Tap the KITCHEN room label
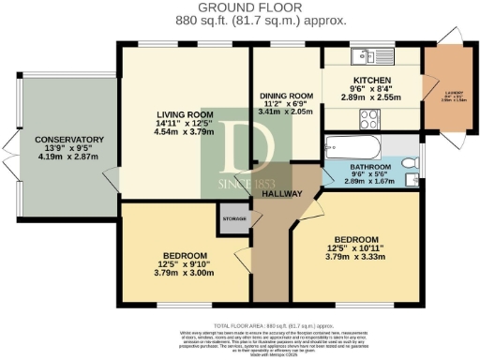(371, 81)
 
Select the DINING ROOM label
(286, 96)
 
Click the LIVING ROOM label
(185, 115)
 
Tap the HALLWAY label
(281, 192)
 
